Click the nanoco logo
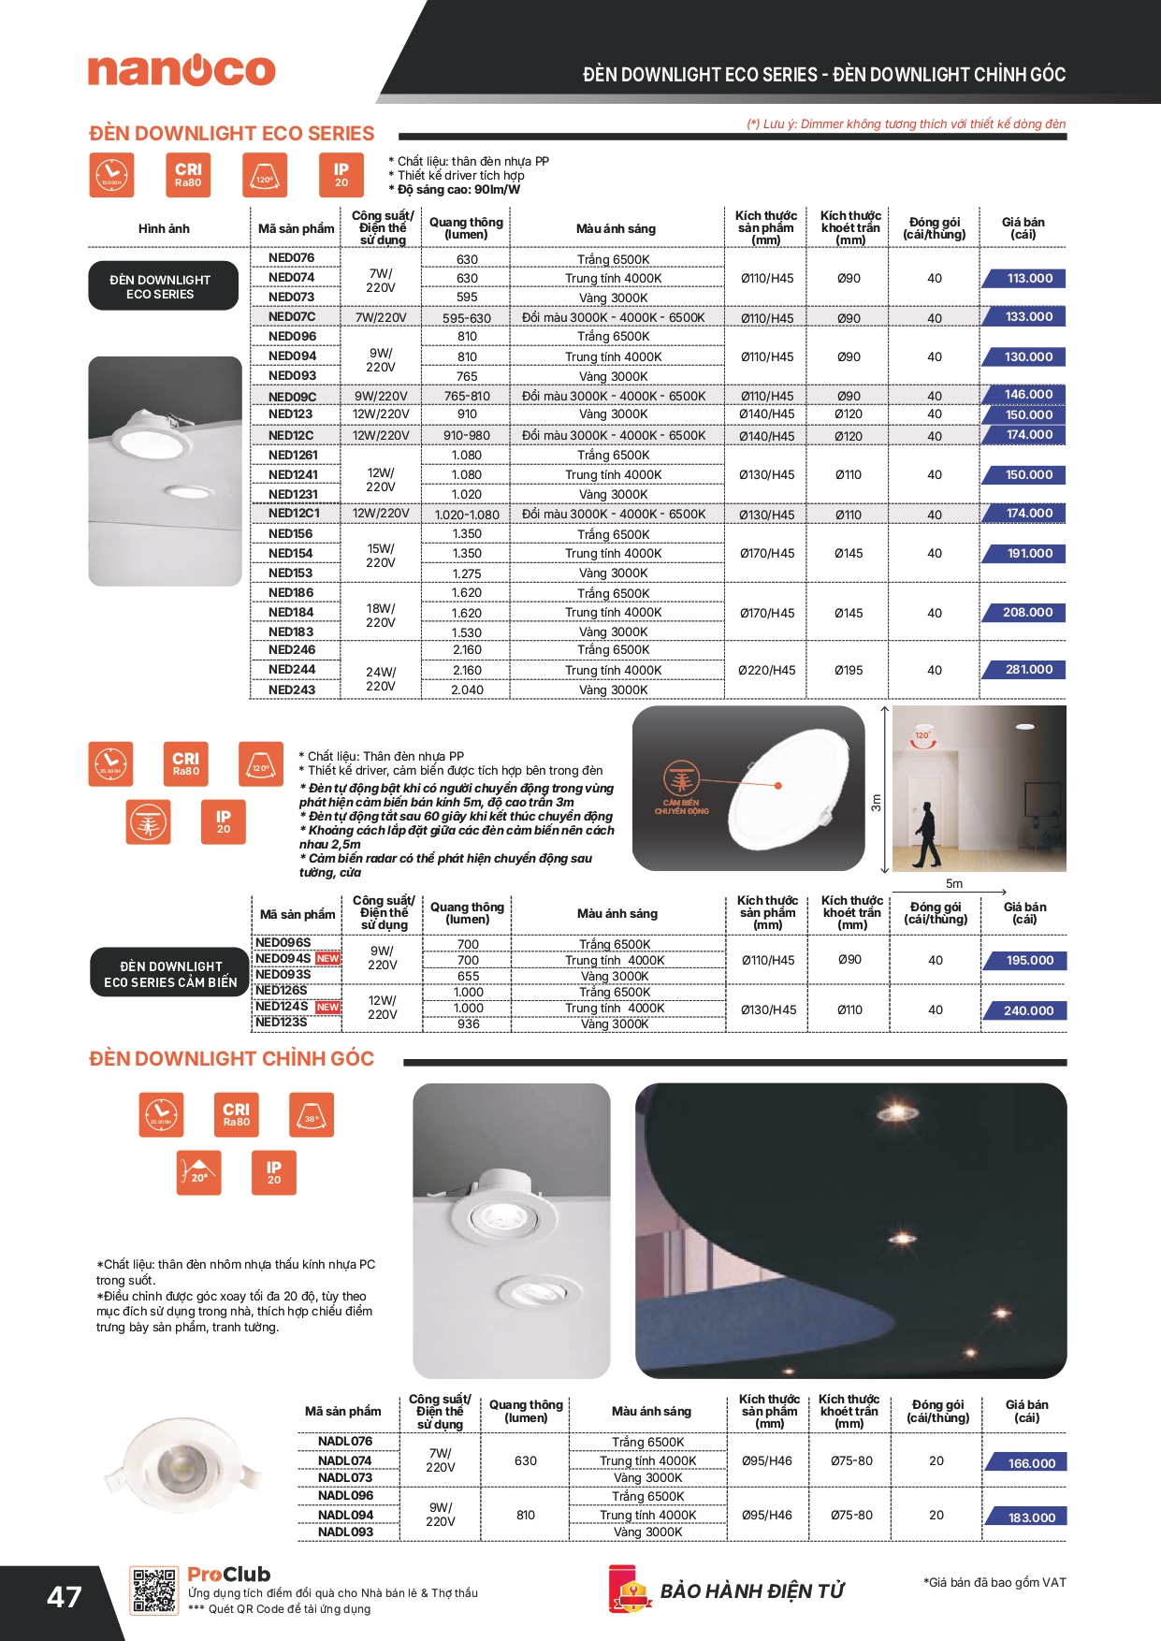point(181,70)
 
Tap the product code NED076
point(291,257)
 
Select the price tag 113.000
point(1029,278)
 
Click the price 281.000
point(1029,670)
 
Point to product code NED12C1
point(294,514)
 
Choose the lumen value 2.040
point(467,690)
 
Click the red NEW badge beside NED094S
point(327,958)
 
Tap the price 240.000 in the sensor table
point(1028,1010)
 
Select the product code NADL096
point(345,1495)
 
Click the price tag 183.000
point(1031,1518)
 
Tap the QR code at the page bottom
point(154,1590)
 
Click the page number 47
point(65,1597)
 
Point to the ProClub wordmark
point(229,1575)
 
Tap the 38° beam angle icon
point(311,1115)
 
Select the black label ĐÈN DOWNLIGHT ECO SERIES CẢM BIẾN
point(170,974)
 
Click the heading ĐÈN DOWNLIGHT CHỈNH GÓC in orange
point(231,1058)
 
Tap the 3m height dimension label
point(876,803)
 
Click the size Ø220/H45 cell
point(766,670)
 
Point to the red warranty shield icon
point(630,1590)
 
